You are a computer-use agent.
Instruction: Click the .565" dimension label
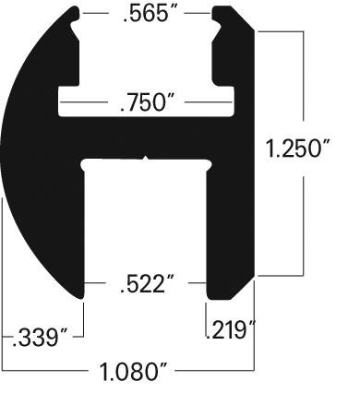tap(146, 15)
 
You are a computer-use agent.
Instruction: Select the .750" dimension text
tap(147, 102)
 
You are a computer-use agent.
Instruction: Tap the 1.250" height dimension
tap(297, 149)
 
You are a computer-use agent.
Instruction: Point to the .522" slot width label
tap(147, 283)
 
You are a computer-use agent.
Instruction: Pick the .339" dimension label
tap(40, 338)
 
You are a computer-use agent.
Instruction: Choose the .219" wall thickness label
tap(231, 330)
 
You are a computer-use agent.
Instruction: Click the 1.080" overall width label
tap(133, 372)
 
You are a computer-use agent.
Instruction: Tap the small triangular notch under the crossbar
tap(146, 158)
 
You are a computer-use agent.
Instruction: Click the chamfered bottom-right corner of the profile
tap(243, 288)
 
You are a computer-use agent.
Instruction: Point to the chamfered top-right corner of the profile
tap(243, 18)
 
